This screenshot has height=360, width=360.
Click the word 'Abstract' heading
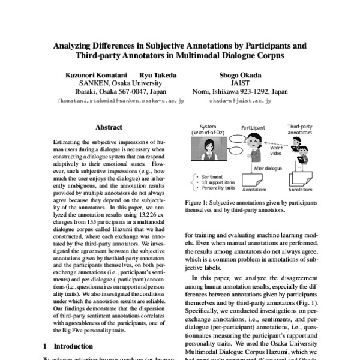click(x=109, y=127)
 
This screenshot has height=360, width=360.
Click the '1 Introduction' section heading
click(x=68, y=346)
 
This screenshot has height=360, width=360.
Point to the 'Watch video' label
click(x=277, y=150)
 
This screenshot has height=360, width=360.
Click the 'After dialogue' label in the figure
click(x=266, y=169)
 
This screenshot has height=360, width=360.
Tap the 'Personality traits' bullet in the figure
click(x=218, y=188)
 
